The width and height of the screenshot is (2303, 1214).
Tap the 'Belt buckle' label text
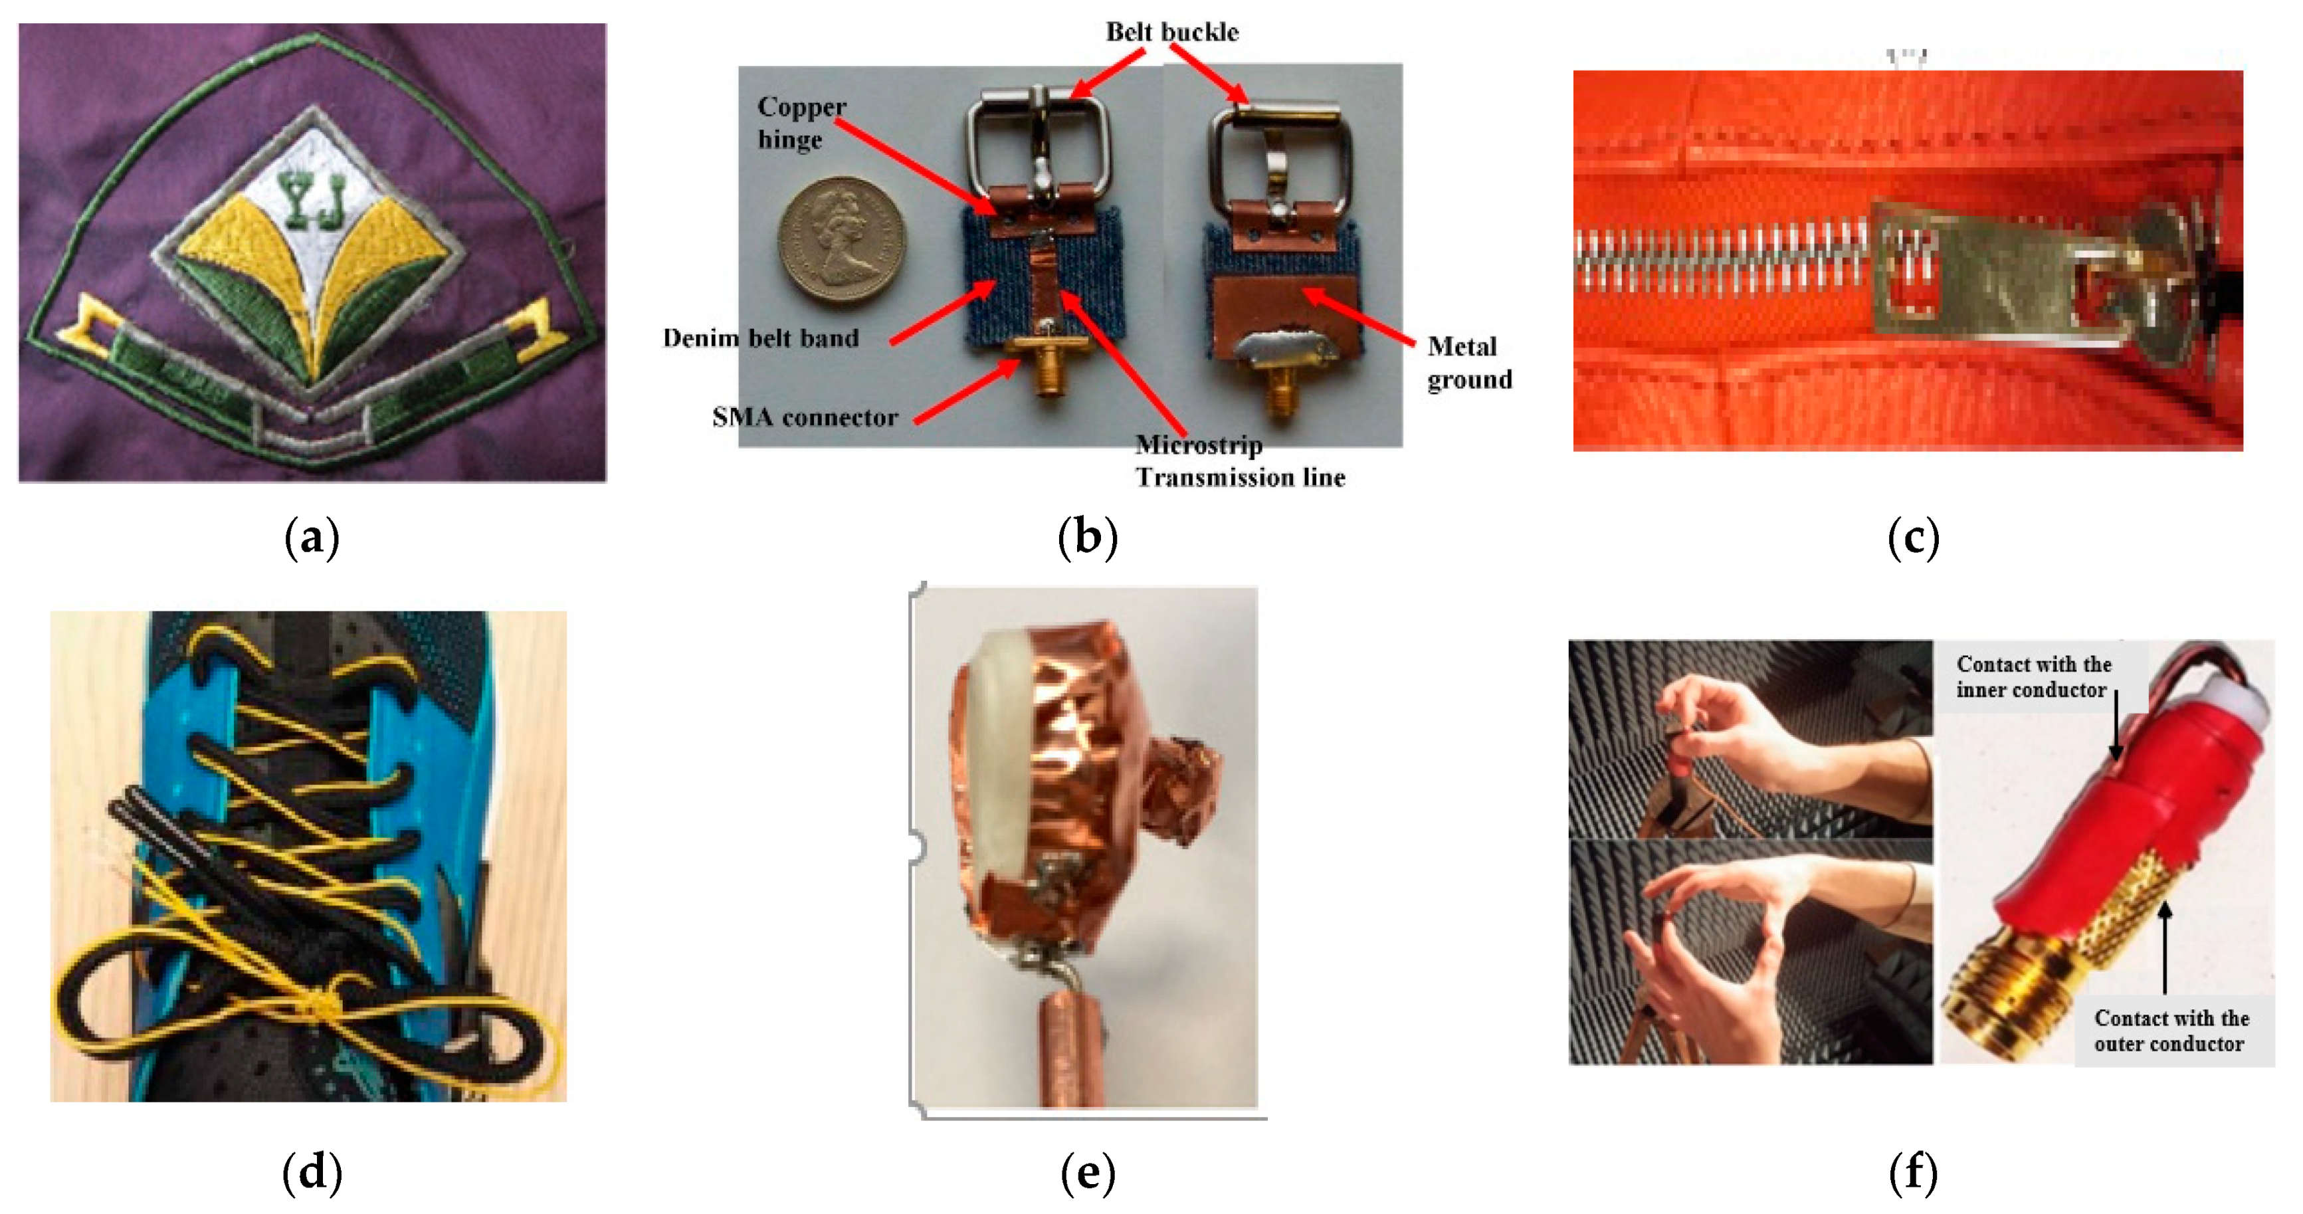coord(1172,32)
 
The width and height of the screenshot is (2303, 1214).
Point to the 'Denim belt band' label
coord(761,338)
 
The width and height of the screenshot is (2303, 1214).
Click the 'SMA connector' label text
coord(805,417)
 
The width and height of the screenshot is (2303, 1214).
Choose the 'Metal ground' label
coord(1469,362)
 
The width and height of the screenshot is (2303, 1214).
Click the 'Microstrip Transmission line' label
coord(1240,460)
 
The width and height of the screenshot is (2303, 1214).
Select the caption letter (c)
coord(1913,538)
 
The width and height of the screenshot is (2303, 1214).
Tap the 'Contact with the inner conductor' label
coord(2033,676)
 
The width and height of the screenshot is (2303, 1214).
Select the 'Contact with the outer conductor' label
coord(2171,1031)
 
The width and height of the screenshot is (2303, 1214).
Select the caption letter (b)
coord(1087,538)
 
